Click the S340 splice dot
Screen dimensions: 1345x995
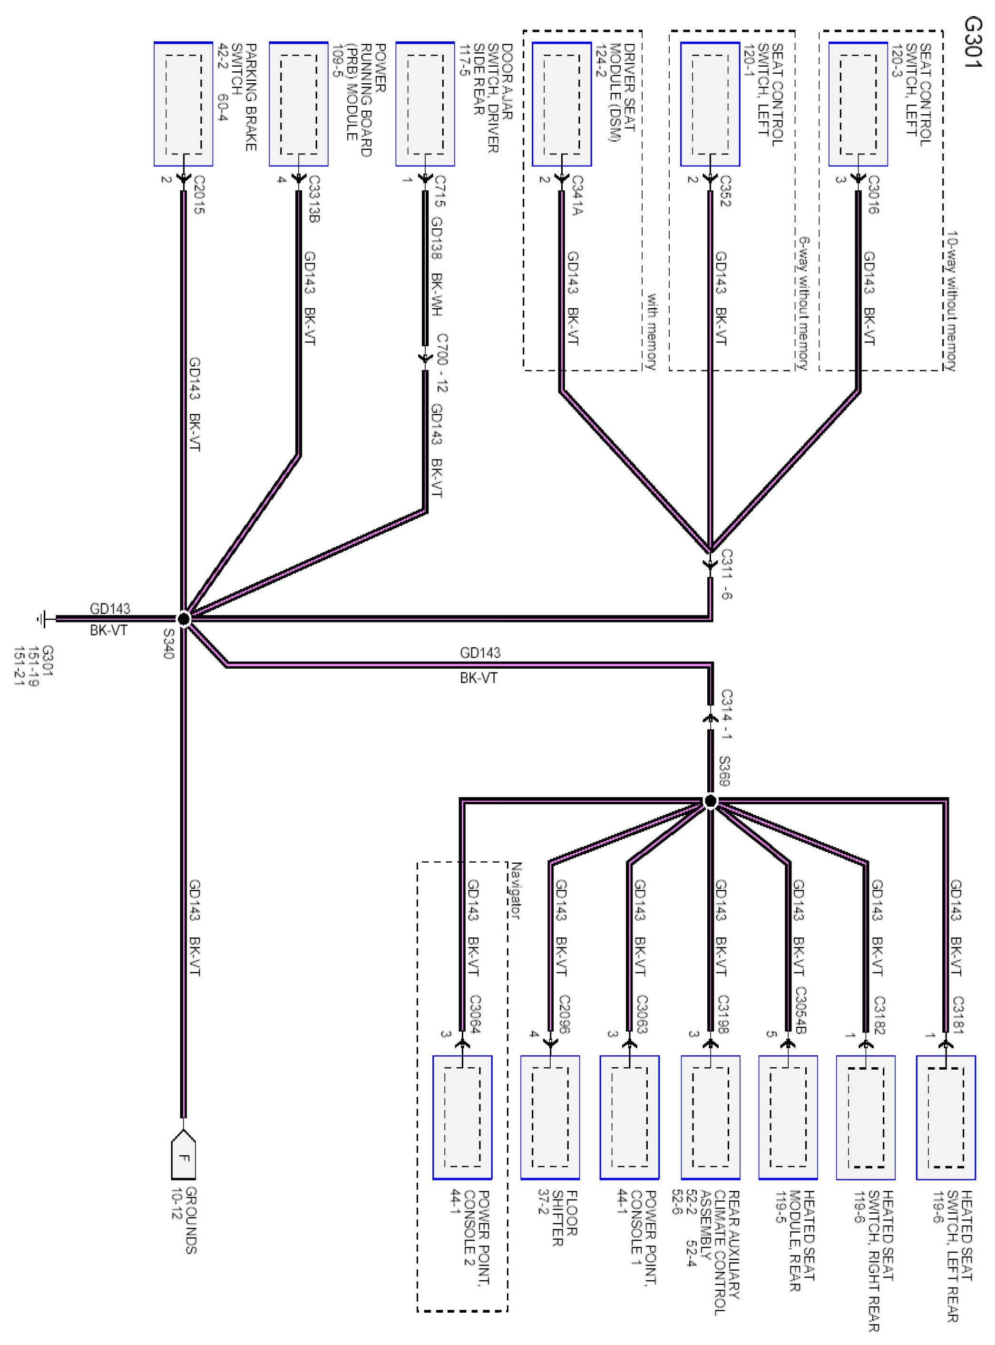click(184, 619)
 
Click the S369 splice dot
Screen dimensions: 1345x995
click(710, 801)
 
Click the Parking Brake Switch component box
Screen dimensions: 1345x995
click(184, 104)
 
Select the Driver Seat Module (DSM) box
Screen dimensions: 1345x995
click(561, 104)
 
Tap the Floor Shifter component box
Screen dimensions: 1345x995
click(550, 1117)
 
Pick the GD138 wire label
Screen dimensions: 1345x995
click(437, 238)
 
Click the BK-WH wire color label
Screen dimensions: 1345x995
click(437, 294)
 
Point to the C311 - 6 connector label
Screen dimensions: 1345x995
click(726, 574)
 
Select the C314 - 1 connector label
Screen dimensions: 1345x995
click(726, 714)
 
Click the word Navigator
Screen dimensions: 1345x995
click(516, 890)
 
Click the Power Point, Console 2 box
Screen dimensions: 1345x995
click(462, 1117)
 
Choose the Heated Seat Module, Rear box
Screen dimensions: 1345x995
click(788, 1117)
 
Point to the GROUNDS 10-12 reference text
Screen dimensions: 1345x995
click(184, 1220)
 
